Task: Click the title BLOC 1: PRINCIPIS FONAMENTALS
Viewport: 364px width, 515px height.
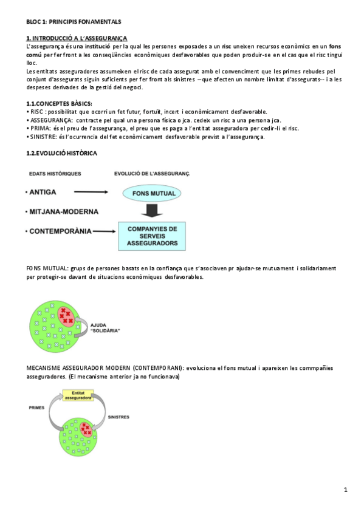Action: (x=74, y=21)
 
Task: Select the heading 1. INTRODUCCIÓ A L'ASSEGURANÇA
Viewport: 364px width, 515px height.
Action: (x=77, y=38)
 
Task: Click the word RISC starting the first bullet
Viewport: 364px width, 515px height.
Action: (x=36, y=112)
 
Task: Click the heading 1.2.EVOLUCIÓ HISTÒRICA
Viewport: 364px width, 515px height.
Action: (x=61, y=153)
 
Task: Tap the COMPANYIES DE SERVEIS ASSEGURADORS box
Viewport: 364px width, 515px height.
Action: (x=152, y=236)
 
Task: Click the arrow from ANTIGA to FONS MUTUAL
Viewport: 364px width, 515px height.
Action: (x=92, y=193)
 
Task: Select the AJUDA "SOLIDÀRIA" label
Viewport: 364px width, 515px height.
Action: (x=105, y=327)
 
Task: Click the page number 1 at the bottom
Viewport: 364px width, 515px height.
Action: (x=345, y=489)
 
